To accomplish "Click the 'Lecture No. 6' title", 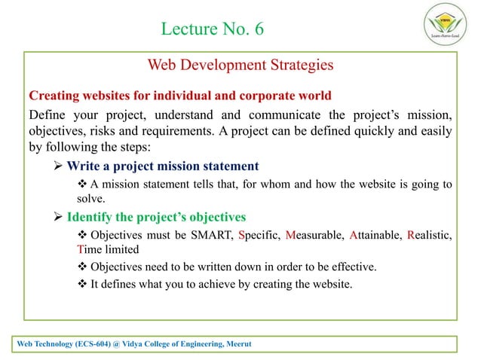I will tap(213, 29).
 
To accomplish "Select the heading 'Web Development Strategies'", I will tap(240, 66).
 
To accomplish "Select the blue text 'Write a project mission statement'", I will tap(163, 166).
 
